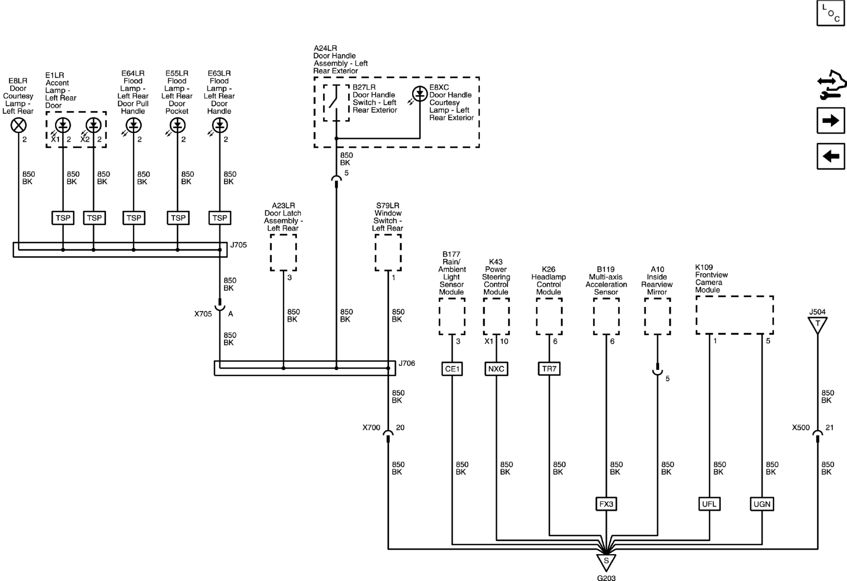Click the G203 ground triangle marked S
coord(606,562)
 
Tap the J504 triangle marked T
coord(818,324)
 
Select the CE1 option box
coord(452,369)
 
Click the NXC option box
coord(496,369)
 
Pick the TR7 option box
coord(549,369)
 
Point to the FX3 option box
coord(606,504)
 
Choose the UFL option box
coord(709,504)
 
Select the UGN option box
coord(762,504)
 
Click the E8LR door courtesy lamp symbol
coord(18,126)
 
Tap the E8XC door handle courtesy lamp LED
coord(420,94)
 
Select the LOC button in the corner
coord(831,13)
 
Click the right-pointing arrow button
coord(831,120)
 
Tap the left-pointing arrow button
coord(831,156)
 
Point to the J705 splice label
coord(239,245)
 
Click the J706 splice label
coord(407,363)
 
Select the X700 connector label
coord(371,428)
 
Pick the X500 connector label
coord(801,428)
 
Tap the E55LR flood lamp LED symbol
coord(177,126)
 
